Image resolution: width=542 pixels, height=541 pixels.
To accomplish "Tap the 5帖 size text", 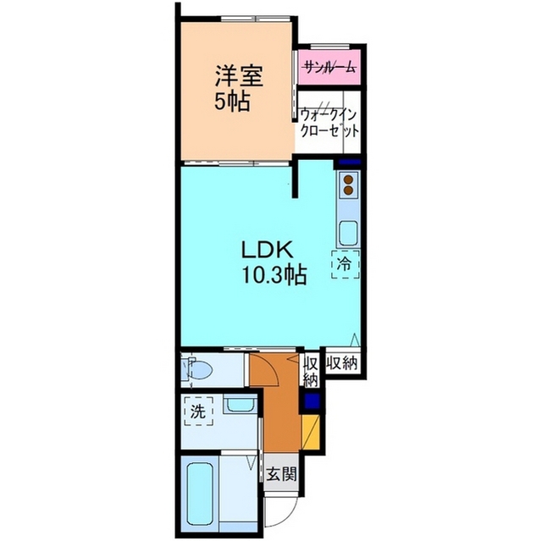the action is coord(232,102).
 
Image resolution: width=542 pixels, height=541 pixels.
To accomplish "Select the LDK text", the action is coord(268,250).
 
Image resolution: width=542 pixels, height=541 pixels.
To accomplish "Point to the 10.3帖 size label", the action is coord(274,275).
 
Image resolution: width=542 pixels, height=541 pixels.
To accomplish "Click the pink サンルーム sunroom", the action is coord(329,67).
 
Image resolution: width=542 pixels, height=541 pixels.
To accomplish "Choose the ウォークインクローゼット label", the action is coord(329,123).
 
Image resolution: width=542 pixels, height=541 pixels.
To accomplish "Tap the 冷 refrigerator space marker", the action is coord(346,264).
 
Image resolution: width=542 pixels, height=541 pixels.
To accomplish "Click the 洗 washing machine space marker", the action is coord(198,411).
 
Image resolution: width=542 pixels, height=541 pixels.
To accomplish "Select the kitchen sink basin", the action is coord(348,233).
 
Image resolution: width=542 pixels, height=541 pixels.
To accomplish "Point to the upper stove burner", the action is coord(348,179).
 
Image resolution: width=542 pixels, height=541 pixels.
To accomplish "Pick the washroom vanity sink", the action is coord(241,405).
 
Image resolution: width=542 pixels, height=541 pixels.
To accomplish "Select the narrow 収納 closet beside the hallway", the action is coord(311,371).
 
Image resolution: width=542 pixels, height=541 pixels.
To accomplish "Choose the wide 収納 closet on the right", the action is coord(342,363).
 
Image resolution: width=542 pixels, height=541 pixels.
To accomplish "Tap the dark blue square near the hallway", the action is coord(311,401).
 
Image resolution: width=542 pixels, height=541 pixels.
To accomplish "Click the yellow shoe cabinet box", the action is coord(311,432).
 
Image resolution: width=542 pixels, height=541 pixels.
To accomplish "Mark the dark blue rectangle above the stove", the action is coord(349,162).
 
